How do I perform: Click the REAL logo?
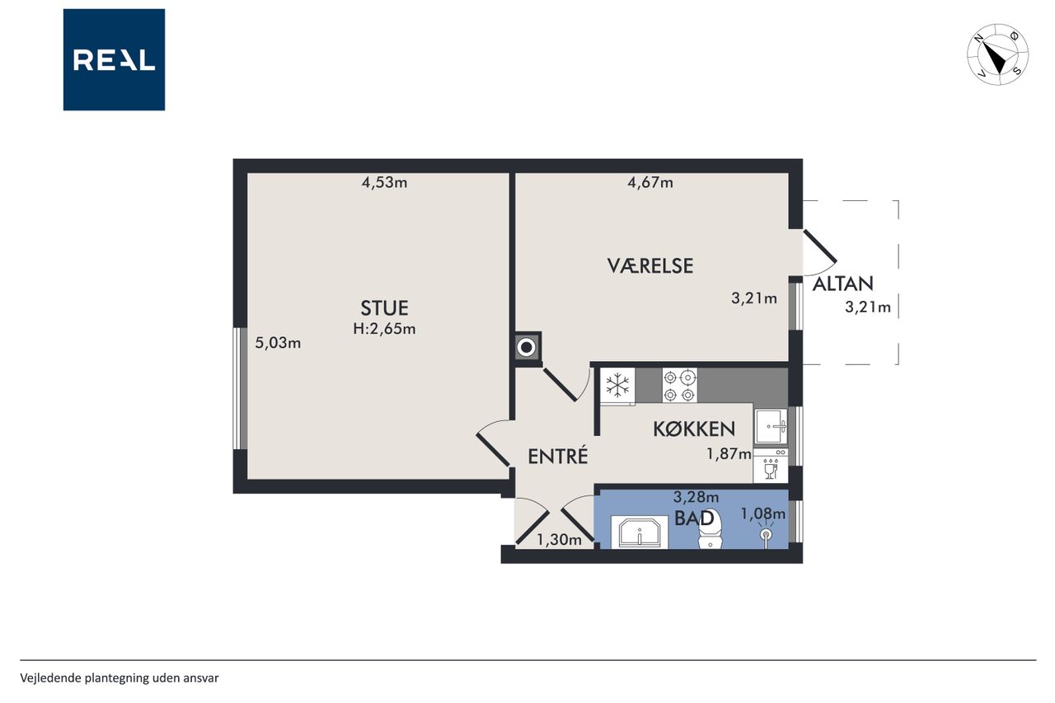point(114,60)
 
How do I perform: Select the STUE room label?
point(384,308)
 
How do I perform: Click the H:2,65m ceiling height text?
point(384,329)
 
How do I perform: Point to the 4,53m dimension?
point(384,183)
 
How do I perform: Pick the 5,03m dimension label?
point(278,343)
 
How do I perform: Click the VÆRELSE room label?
point(650,266)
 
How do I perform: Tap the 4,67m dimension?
point(650,182)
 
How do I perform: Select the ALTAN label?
point(843,284)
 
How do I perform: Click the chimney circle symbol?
point(527,348)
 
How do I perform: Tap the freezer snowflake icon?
point(617,386)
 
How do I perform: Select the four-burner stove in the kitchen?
point(680,385)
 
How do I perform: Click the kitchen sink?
point(771,427)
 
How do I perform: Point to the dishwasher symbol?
point(771,466)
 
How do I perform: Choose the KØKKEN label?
point(694,429)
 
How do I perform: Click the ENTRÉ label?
point(558,456)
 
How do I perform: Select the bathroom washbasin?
point(640,532)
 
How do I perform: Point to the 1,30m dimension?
point(559,540)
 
